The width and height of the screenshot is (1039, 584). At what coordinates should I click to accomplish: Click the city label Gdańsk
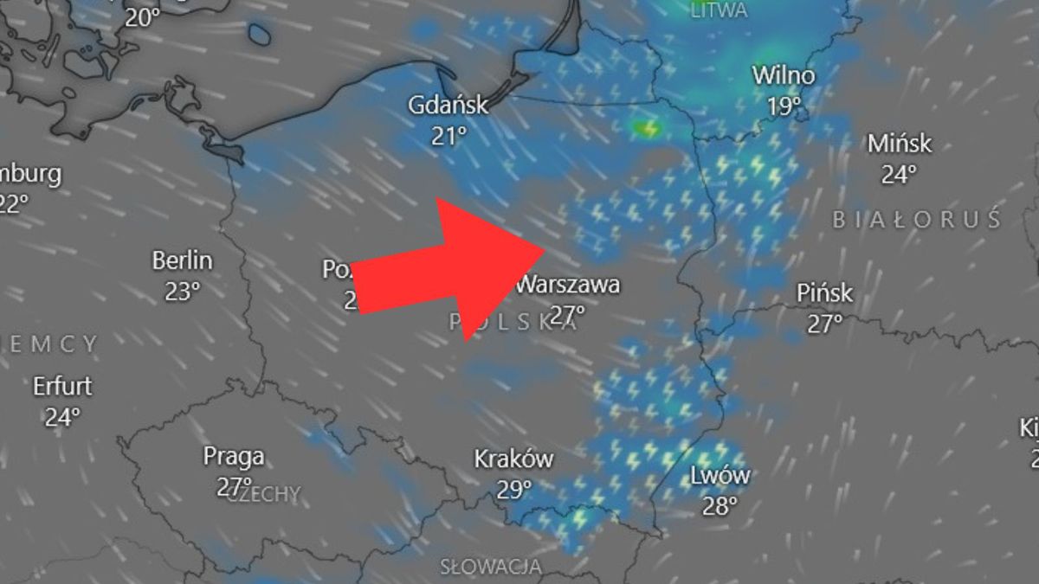pos(449,106)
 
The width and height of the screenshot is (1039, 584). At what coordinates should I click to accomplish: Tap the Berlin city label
pos(182,260)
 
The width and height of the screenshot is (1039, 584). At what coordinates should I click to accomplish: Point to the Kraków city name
pos(513,459)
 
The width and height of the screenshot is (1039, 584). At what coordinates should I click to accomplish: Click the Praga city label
pos(234,456)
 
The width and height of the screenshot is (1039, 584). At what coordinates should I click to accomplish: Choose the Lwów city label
pos(720,475)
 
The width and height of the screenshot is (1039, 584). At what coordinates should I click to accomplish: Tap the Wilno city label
pos(783,76)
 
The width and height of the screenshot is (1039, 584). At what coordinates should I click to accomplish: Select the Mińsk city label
pos(900,144)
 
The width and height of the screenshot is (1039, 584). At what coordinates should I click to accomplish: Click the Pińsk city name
pos(824,294)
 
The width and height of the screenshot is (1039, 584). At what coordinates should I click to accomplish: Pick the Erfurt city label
pos(62,386)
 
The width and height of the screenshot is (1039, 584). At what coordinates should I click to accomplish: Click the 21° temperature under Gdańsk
pos(449,136)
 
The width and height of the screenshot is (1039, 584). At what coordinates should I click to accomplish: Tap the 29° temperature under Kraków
pos(514,490)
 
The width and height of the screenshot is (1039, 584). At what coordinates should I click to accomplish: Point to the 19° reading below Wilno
pos(784,107)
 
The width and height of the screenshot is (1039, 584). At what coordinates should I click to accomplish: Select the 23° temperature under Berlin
pos(182,292)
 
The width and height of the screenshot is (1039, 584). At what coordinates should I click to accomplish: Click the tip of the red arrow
pos(544,250)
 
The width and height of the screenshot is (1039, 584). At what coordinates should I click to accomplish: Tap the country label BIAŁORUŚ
pos(917,220)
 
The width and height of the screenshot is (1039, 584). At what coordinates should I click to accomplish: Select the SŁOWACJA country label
pos(491,568)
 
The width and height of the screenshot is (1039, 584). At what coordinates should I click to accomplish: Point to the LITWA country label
pos(720,10)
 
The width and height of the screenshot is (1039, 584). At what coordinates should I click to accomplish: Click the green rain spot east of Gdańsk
pos(646,129)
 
